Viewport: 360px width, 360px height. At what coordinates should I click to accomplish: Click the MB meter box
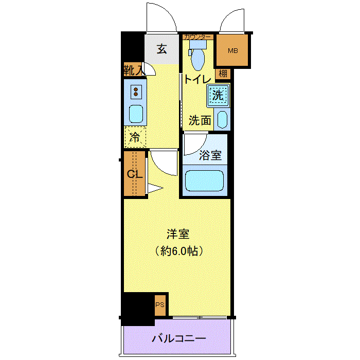pyautogui.click(x=232, y=50)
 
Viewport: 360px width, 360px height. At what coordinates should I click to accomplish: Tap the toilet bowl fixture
pyautogui.click(x=197, y=56)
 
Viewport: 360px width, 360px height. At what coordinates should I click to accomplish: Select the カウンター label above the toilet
pyautogui.click(x=197, y=37)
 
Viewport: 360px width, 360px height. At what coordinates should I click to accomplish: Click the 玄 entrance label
pyautogui.click(x=162, y=49)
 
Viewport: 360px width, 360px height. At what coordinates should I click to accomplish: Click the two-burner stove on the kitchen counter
pyautogui.click(x=136, y=92)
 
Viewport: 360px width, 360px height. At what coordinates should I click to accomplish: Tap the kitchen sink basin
pyautogui.click(x=136, y=114)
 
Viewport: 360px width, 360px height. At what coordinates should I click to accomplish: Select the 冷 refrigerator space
pyautogui.click(x=135, y=137)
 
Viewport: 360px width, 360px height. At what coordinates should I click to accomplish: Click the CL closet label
pyautogui.click(x=135, y=174)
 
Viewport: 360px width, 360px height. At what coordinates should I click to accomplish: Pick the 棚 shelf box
pyautogui.click(x=223, y=74)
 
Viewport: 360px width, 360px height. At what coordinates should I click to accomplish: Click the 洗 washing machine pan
pyautogui.click(x=218, y=95)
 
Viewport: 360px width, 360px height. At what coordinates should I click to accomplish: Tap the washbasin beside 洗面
pyautogui.click(x=222, y=119)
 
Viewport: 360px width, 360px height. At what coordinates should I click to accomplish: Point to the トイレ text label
pyautogui.click(x=197, y=79)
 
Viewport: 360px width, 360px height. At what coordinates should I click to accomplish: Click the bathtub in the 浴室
pyautogui.click(x=204, y=181)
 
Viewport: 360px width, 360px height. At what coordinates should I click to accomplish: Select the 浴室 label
pyautogui.click(x=210, y=155)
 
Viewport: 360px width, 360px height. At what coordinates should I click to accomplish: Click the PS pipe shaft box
pyautogui.click(x=160, y=305)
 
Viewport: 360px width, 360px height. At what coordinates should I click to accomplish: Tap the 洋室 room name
pyautogui.click(x=178, y=234)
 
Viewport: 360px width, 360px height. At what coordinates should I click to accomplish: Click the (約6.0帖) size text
pyautogui.click(x=179, y=251)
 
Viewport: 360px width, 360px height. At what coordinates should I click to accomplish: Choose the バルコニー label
pyautogui.click(x=179, y=338)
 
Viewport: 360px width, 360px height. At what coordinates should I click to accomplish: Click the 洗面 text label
pyautogui.click(x=200, y=120)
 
